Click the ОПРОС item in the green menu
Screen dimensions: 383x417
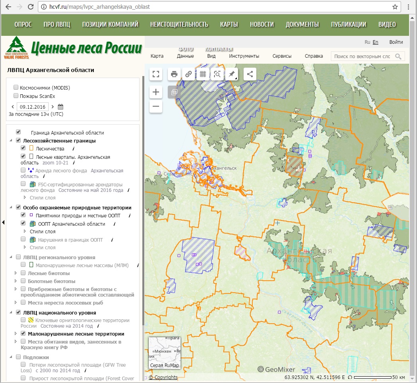23,25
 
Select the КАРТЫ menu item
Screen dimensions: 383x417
229,25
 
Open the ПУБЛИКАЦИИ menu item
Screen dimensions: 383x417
348,25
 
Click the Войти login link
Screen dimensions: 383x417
396,42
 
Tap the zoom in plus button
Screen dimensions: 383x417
156,92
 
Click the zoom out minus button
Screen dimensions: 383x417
156,106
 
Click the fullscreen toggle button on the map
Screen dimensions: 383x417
156,74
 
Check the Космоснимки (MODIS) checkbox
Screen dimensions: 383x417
16,88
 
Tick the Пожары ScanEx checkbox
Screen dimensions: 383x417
16,96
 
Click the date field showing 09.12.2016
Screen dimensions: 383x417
33,107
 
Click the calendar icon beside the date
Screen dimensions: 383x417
61,107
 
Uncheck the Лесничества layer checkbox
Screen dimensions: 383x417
23,148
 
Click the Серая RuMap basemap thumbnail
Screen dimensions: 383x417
165,353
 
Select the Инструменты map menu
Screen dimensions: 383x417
244,56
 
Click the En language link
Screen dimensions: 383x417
376,42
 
